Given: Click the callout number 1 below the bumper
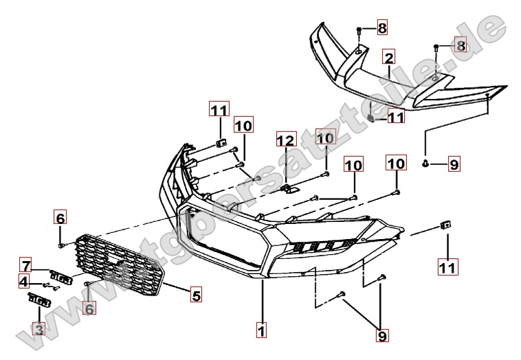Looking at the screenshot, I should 261,330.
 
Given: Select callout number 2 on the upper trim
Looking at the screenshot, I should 389,57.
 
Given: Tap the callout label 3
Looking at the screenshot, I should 38,330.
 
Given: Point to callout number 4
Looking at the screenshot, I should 24,281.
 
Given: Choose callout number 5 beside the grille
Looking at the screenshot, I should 196,296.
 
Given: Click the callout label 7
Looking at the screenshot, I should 25,265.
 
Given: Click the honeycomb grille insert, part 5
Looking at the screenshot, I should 120,265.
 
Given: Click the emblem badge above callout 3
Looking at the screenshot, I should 38,300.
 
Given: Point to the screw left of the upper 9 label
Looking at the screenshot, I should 425,164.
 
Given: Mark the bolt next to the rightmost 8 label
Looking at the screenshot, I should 437,47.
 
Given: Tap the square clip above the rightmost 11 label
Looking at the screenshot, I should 445,225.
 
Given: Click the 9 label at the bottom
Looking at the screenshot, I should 381,335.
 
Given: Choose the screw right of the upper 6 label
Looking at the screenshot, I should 62,244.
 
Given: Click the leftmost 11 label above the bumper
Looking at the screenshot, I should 219,110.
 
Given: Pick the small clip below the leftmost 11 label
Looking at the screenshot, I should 221,142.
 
